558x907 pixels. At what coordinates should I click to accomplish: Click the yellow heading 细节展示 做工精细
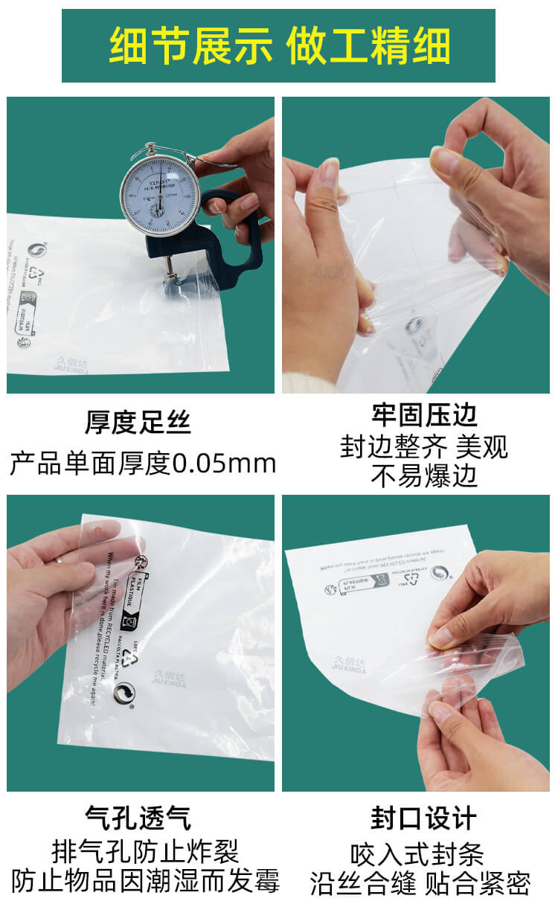pyautogui.click(x=279, y=46)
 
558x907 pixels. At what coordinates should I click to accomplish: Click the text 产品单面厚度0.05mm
pyautogui.click(x=142, y=464)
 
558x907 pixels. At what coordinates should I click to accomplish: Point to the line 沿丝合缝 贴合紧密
pyautogui.click(x=420, y=884)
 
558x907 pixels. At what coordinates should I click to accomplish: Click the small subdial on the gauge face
pyautogui.click(x=158, y=209)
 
